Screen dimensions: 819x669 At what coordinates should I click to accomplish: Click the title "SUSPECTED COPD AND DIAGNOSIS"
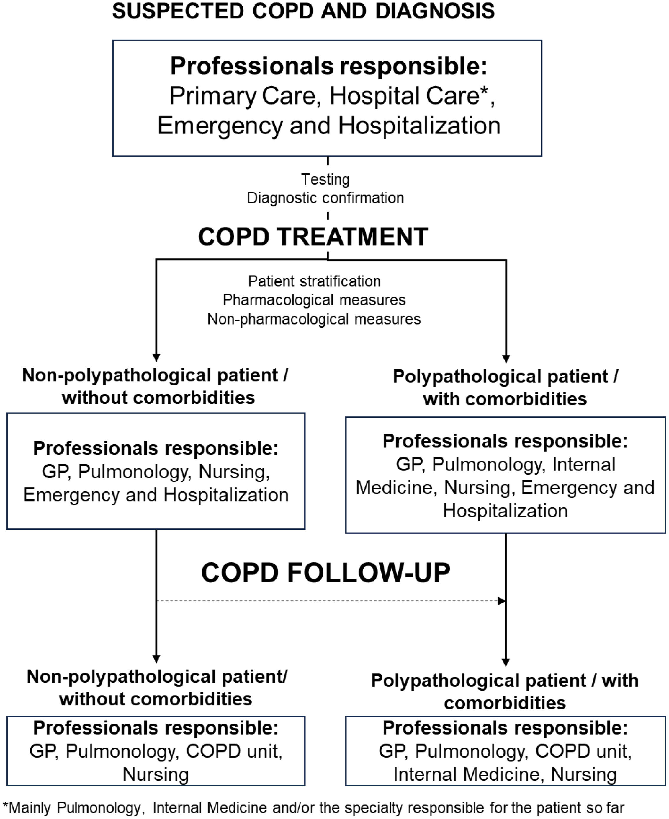(303, 11)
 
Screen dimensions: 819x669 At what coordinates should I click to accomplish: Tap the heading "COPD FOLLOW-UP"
(325, 573)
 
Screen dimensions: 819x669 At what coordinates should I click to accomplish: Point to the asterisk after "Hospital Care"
(484, 91)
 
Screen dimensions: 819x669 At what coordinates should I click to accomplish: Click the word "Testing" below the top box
(325, 179)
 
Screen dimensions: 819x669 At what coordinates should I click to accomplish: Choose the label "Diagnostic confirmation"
(325, 198)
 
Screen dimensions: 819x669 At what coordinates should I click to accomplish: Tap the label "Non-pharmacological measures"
(314, 319)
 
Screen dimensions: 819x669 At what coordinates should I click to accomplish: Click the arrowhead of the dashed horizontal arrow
(502, 601)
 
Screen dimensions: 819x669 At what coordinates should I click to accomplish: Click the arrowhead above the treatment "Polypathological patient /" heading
(506, 358)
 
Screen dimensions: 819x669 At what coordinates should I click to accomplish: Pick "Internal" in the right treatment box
(583, 464)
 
